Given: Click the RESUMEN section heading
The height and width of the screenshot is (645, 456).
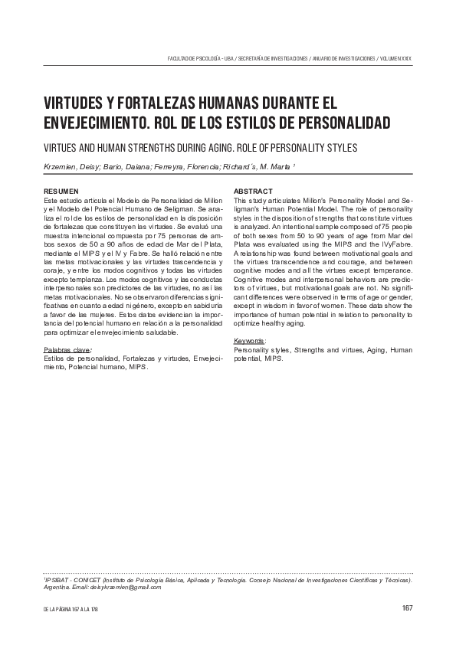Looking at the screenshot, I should [x=61, y=191].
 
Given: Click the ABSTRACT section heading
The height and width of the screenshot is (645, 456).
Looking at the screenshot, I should [x=252, y=191].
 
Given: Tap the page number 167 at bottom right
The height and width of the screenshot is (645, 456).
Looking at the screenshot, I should [x=407, y=609].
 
